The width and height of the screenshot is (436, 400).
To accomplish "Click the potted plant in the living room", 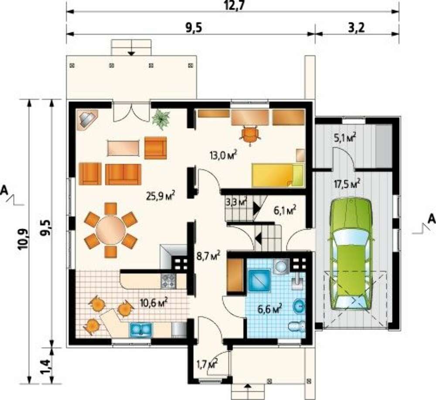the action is point(161,119).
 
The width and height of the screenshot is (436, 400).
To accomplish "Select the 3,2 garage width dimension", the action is point(357,28).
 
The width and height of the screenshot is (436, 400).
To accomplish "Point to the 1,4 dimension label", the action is point(47,366).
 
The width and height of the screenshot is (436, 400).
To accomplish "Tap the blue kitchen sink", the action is point(140,330).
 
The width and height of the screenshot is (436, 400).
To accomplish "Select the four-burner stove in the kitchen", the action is point(168,281).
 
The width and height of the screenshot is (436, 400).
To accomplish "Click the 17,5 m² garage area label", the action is point(347,184).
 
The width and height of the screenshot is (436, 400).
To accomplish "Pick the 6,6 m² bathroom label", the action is point(270,308).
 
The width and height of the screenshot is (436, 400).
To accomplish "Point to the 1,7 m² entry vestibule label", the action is point(207,363).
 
